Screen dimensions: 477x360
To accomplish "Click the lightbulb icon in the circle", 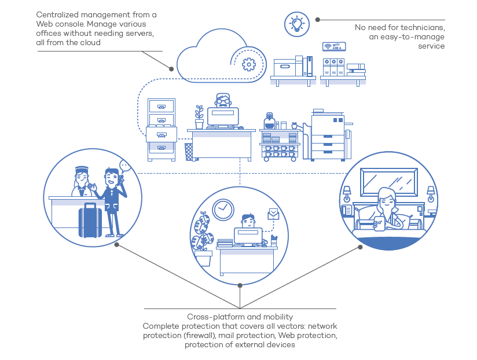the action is (296, 24).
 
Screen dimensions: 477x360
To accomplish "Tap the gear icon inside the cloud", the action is (249, 64).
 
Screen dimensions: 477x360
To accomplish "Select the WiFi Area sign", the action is (334, 46).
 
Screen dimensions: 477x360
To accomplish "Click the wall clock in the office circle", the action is (223, 210).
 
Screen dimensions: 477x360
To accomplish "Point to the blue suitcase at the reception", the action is (90, 220).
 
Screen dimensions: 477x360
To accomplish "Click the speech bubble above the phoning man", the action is (124, 166).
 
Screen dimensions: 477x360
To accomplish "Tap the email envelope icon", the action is (273, 214).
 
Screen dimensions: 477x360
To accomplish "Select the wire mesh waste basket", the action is (189, 152).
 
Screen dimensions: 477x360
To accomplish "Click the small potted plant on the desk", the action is (199, 117).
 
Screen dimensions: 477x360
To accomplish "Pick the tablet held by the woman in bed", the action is (379, 224).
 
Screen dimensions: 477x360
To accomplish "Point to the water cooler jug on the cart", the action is (269, 121).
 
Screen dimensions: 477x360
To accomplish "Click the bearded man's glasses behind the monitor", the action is (223, 100).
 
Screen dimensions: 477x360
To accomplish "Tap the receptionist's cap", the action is (82, 169).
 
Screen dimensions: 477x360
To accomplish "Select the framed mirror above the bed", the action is (389, 182).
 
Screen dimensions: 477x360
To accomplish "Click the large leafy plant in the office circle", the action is (202, 232).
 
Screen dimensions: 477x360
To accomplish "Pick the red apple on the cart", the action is (294, 125).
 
